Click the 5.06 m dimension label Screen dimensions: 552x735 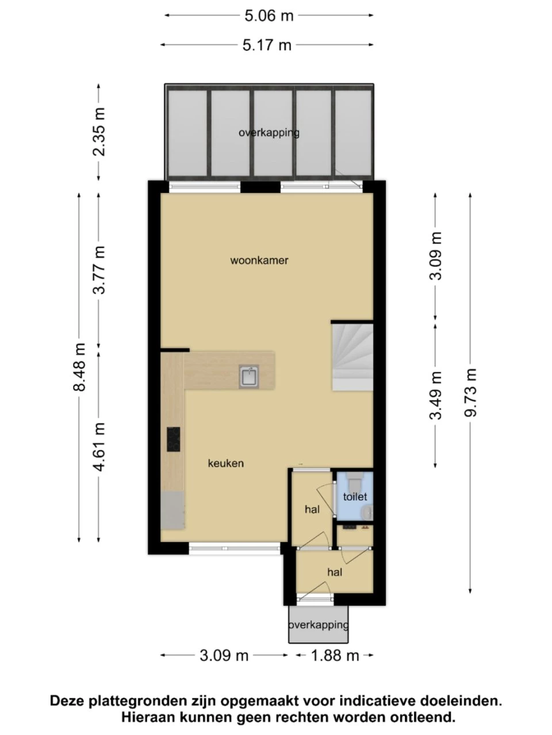(269, 16)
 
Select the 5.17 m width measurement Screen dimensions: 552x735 (267, 45)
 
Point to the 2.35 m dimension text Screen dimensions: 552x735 (99, 131)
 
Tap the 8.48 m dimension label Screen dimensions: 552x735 (80, 367)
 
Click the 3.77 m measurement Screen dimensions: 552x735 (99, 270)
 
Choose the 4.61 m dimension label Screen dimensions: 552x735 (99, 447)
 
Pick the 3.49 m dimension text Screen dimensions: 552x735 (436, 396)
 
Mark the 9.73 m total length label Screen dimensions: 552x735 (471, 392)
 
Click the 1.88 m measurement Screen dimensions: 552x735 (335, 656)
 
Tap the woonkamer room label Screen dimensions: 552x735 (259, 261)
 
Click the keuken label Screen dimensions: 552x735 (226, 463)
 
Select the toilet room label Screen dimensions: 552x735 (355, 497)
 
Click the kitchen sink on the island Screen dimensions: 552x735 (248, 377)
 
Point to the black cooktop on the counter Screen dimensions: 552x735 (173, 439)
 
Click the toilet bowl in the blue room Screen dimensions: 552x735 (354, 482)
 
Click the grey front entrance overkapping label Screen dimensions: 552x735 (319, 625)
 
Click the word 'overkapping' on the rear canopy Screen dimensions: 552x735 (269, 133)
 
